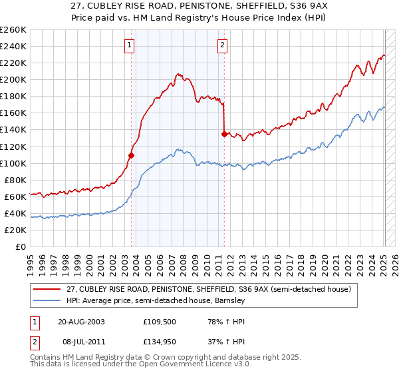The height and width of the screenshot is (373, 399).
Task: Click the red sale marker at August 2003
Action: click(x=131, y=155)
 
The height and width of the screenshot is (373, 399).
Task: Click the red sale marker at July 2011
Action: click(x=224, y=134)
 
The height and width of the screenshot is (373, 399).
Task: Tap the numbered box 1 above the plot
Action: click(x=129, y=45)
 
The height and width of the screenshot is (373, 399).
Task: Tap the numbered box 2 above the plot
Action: click(x=221, y=45)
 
